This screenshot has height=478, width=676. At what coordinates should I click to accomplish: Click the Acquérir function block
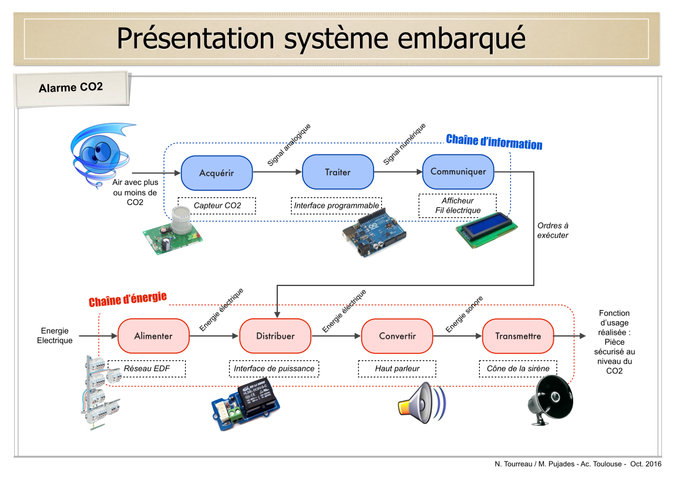tap(217, 173)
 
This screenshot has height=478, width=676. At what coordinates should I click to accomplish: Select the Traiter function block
tap(338, 172)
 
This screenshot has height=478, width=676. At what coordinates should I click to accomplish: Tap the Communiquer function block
tap(458, 171)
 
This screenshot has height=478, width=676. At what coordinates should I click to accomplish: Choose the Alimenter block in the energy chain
tap(153, 336)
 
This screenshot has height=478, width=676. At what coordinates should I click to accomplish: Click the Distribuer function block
tap(275, 336)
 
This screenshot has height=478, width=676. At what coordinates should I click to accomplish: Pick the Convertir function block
tap(397, 336)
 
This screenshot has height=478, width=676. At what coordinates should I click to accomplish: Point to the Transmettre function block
tap(518, 336)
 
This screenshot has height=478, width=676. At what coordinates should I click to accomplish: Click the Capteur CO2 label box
tap(217, 206)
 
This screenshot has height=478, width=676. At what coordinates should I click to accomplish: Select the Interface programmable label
tap(337, 206)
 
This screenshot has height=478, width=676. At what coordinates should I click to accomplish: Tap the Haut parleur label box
tap(397, 369)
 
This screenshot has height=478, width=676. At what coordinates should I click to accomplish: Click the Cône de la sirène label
tap(518, 369)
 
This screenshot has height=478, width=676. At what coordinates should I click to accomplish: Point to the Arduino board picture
tap(374, 234)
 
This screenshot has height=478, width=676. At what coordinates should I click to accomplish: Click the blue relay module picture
tap(245, 404)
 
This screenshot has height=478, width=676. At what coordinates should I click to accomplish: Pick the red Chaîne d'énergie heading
tap(127, 299)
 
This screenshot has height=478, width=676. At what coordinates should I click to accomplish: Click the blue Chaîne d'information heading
tap(494, 142)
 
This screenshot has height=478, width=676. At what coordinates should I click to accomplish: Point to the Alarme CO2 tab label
tap(71, 87)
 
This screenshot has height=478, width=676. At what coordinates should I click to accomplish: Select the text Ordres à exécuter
tap(553, 230)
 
